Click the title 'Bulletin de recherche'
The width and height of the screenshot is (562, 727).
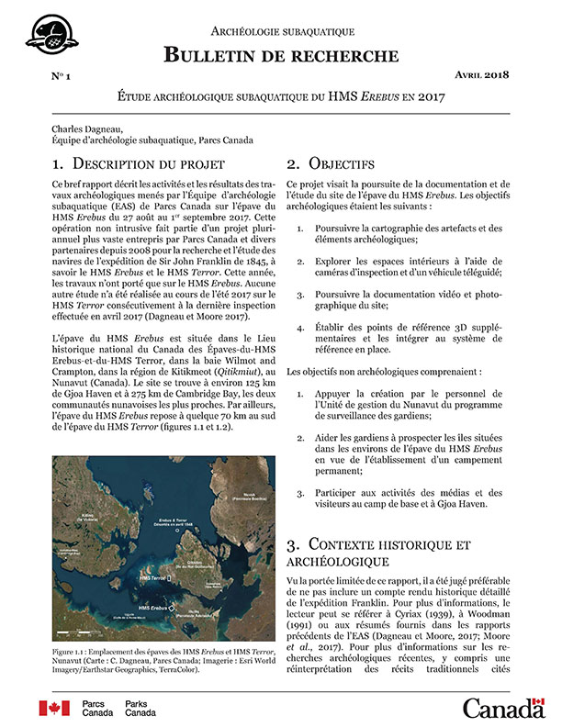click(282, 55)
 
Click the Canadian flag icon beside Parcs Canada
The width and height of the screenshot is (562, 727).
click(54, 707)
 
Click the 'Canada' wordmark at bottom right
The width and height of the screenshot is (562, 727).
click(503, 708)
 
